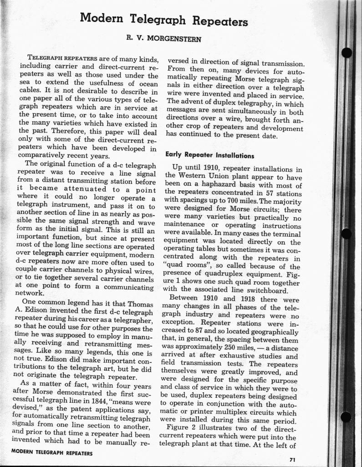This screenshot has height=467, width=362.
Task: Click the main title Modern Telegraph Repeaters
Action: (164, 20)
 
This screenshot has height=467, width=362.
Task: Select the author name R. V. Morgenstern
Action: (164, 39)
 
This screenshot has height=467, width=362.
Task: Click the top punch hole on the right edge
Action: (348, 53)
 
